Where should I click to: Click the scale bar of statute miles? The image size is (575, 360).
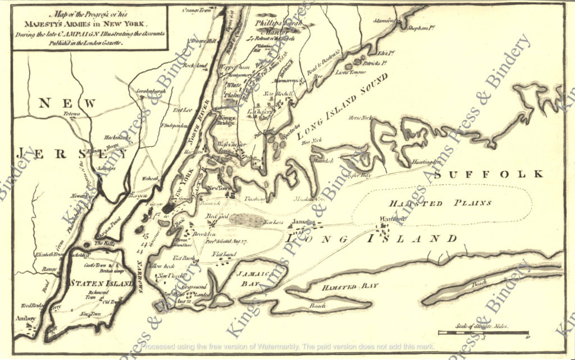[x=483, y=332]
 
